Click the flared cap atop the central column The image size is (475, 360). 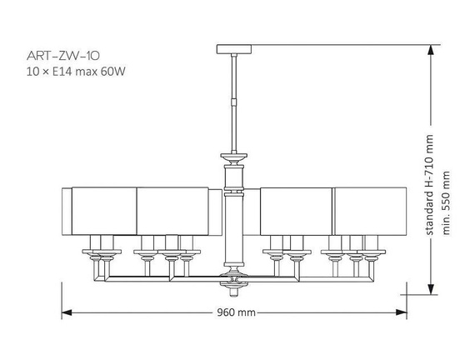[x=234, y=156]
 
